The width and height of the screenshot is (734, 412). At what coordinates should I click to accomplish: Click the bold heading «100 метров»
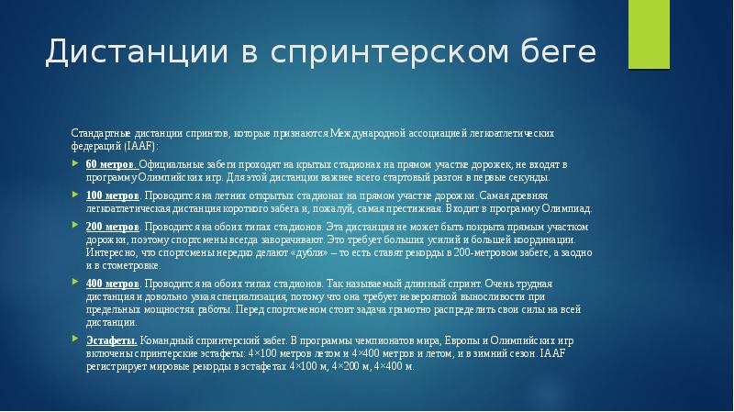[113, 196]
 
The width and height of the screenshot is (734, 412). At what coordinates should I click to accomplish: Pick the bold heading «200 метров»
[113, 225]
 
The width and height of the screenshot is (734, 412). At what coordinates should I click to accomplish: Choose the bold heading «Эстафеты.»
[113, 340]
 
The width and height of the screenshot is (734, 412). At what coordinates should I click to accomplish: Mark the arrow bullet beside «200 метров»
[77, 225]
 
